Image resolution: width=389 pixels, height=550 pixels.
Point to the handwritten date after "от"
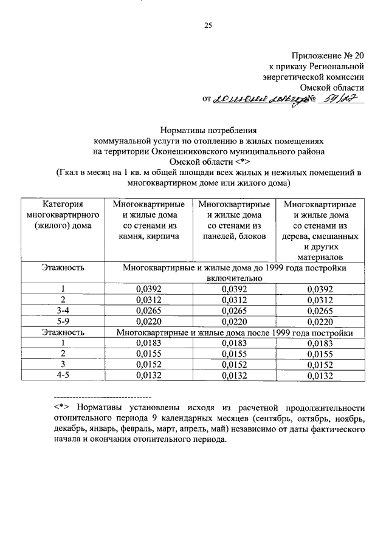coord(260,100)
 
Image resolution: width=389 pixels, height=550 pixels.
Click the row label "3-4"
coord(63,311)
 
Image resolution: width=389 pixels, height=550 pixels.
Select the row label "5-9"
coord(63,322)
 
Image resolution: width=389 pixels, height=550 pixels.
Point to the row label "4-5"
coord(63,376)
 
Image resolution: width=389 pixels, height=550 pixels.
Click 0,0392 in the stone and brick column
coord(148,289)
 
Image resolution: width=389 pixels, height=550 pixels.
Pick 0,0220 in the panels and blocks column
coord(234,322)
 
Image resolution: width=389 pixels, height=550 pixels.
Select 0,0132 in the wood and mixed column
coord(320,376)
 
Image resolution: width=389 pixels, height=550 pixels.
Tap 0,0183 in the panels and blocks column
coord(234,343)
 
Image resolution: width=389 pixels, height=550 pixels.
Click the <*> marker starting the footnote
coord(60,408)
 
